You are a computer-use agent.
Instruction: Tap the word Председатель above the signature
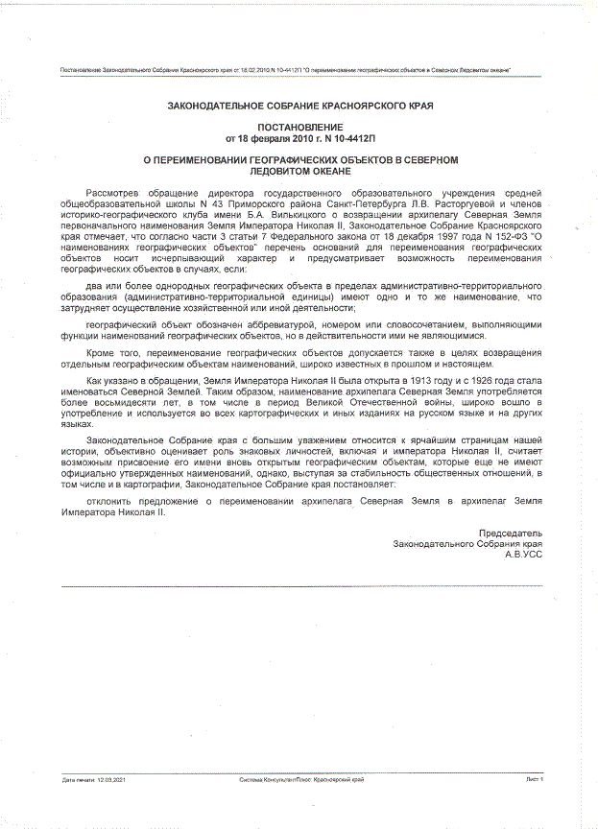pos(511,533)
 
